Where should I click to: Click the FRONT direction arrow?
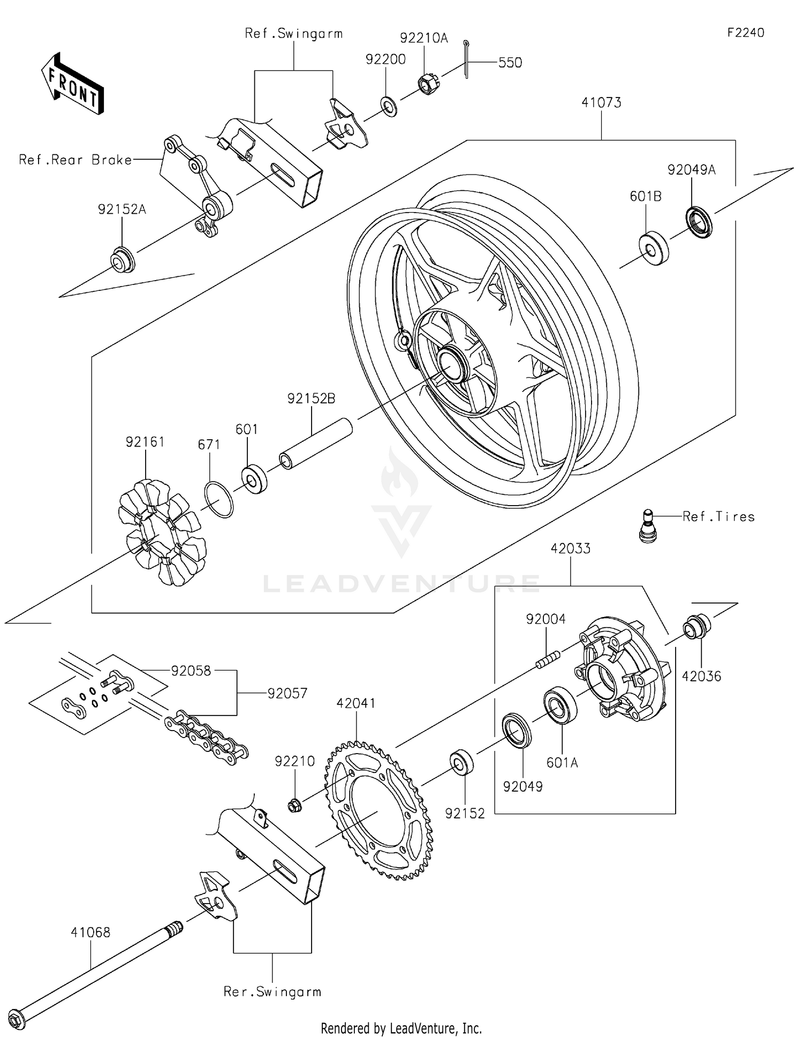[x=72, y=83]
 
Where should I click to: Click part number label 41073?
[x=601, y=102]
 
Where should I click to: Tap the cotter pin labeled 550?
[x=466, y=59]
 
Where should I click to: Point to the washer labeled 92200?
[x=389, y=107]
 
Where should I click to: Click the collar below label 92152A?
[x=123, y=259]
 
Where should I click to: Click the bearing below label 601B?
[x=654, y=249]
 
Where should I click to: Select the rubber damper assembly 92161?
[x=162, y=532]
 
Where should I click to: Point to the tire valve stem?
[x=648, y=527]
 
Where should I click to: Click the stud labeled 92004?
[x=548, y=659]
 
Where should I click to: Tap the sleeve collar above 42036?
[x=696, y=627]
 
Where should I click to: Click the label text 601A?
[x=562, y=762]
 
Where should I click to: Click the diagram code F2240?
[x=745, y=33]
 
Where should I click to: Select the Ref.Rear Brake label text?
[x=75, y=160]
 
